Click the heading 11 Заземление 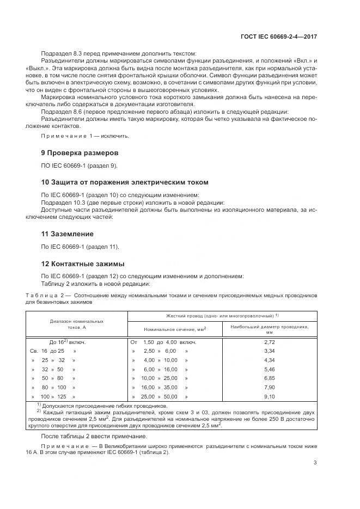point(67,234)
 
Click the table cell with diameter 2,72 point(269,342)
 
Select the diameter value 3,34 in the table point(269,351)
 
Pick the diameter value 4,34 point(269,360)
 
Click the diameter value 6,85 point(269,378)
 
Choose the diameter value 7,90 point(269,388)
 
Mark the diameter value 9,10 point(269,397)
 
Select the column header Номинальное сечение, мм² point(175,329)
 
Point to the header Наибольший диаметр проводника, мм point(269,329)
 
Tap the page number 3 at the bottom point(315,479)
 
